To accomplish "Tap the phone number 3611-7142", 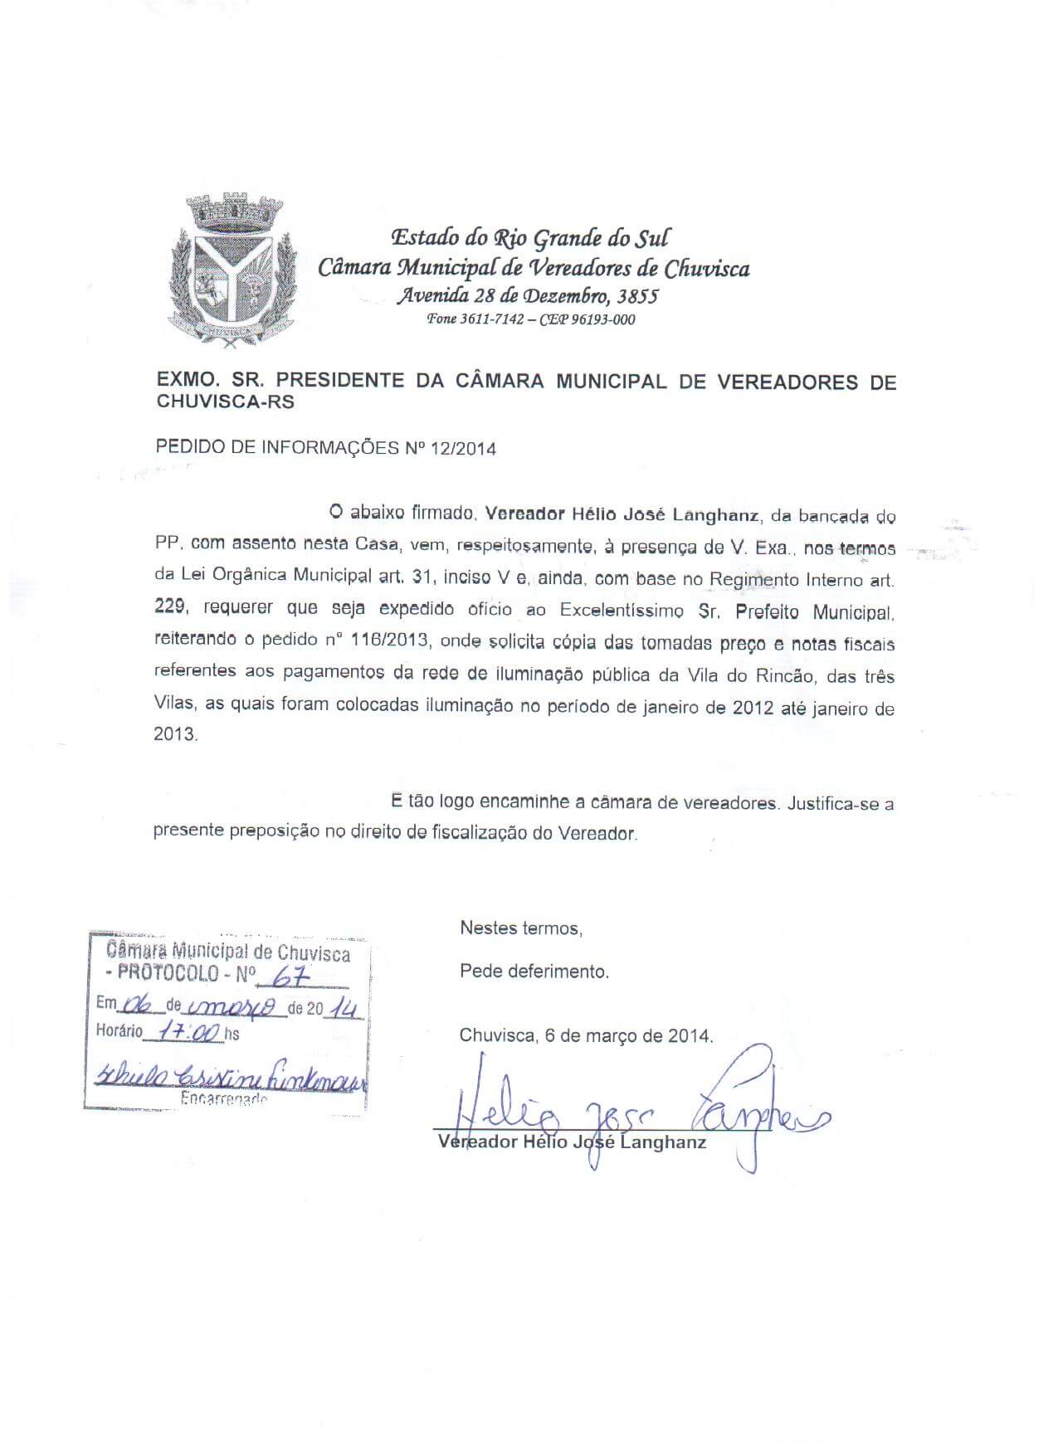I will (492, 319).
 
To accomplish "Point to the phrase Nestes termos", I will (521, 928).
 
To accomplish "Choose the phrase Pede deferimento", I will (534, 971).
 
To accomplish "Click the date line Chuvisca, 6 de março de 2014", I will (586, 1035).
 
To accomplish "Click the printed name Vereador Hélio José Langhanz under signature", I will (572, 1142).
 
